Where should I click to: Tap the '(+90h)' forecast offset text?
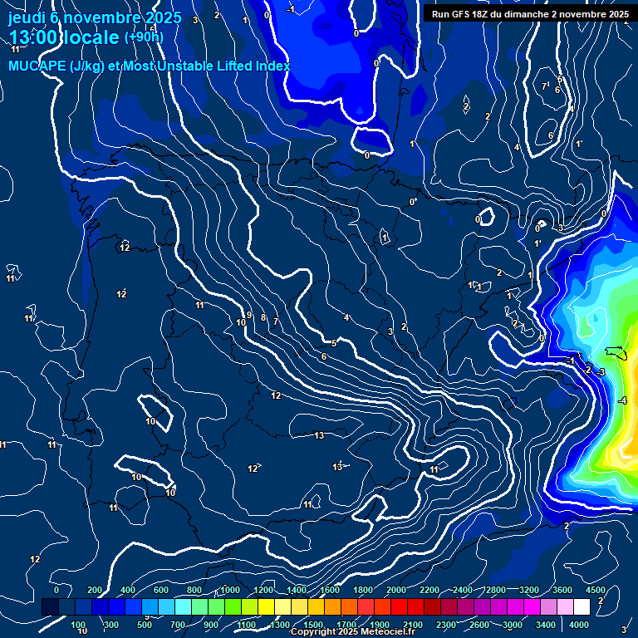coord(144,37)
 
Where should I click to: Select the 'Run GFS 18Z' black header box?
coord(529,14)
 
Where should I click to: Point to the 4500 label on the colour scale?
coord(595,590)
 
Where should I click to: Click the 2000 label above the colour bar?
coord(396,590)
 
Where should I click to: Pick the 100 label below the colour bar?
coord(79,625)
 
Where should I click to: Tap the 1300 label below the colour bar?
coord(279,625)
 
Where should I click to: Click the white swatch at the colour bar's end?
coord(582,607)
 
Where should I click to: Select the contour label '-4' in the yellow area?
coord(622,400)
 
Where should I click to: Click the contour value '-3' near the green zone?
coord(600,371)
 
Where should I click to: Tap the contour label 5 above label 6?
coord(334,342)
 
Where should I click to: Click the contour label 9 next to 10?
coord(249,315)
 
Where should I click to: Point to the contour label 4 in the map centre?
coord(346,317)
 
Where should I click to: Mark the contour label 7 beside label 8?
coord(276,321)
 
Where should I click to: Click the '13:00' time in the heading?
coord(35,37)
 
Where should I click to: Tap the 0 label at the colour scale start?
coord(56,590)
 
